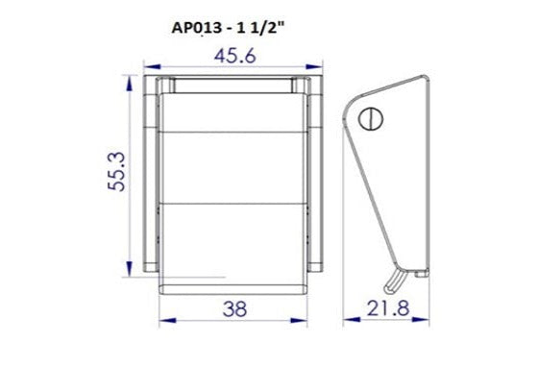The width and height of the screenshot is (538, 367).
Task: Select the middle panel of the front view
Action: coord(232,173)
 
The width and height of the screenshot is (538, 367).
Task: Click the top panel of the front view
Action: coord(232,115)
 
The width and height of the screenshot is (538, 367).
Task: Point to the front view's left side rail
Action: coord(151,173)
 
